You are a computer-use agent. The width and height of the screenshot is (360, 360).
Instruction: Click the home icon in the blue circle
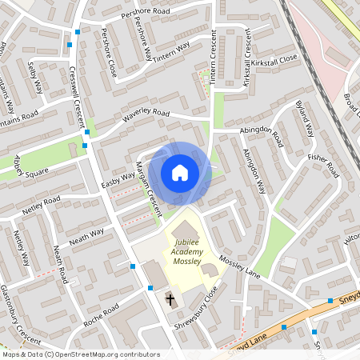click(x=180, y=172)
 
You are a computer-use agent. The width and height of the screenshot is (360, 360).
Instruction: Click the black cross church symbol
click(x=170, y=300)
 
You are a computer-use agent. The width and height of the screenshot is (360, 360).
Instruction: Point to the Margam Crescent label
click(x=149, y=187)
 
